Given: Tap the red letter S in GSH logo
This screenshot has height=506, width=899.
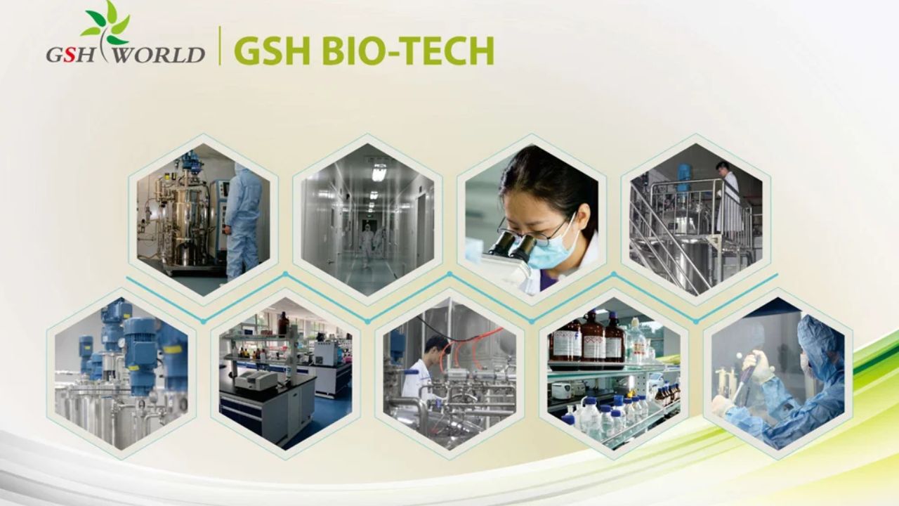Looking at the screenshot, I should (x=69, y=55).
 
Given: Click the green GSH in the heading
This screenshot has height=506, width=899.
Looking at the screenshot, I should (x=268, y=51).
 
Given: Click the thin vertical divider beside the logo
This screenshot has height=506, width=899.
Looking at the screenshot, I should (x=220, y=46).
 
